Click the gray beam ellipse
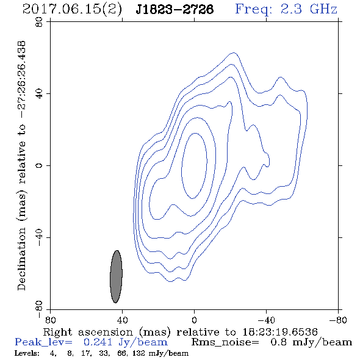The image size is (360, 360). pyautogui.click(x=116, y=276)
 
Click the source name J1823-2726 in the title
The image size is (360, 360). pyautogui.click(x=175, y=9)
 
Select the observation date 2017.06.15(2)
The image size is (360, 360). pyautogui.click(x=72, y=9)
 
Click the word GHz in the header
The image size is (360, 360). pyautogui.click(x=324, y=9)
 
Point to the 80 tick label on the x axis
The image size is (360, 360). pyautogui.click(x=50, y=320)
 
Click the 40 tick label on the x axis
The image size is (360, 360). pyautogui.click(x=122, y=320)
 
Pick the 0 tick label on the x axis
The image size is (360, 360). pyautogui.click(x=194, y=320)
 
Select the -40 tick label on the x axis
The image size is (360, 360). pyautogui.click(x=266, y=320)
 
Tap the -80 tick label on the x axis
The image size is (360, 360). pyautogui.click(x=338, y=320)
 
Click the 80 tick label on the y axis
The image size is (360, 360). pyautogui.click(x=39, y=22)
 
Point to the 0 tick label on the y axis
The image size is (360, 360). pyautogui.click(x=39, y=165)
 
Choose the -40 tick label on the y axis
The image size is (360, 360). pyautogui.click(x=39, y=237)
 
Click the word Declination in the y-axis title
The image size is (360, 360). pyautogui.click(x=21, y=259)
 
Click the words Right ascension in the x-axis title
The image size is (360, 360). pyautogui.click(x=88, y=332)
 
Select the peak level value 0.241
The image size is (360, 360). pyautogui.click(x=98, y=342)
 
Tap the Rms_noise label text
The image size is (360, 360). pyautogui.click(x=225, y=342)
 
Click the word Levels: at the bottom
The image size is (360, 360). pyautogui.click(x=27, y=353)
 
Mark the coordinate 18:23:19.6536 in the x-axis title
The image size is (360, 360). pyautogui.click(x=280, y=332)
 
